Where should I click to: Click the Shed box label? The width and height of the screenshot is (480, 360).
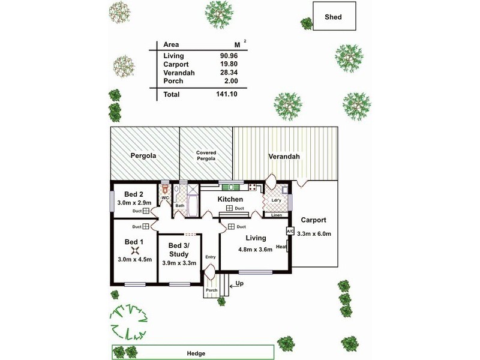[333, 17]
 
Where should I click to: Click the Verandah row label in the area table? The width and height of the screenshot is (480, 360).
[178, 73]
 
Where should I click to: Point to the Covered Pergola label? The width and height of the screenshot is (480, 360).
[206, 156]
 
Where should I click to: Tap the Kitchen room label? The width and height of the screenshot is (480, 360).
[230, 199]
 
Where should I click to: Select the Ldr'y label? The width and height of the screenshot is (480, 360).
[277, 200]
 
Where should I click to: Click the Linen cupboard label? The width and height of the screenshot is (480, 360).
[277, 215]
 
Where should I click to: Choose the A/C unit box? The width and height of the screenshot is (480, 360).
[290, 231]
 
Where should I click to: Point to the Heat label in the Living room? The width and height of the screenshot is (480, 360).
[281, 247]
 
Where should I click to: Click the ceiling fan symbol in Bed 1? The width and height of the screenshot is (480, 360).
[137, 251]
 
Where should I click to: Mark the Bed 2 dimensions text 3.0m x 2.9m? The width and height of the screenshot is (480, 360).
[134, 202]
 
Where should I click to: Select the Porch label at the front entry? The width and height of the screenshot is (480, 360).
[211, 291]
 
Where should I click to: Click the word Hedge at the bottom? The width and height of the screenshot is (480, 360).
[196, 353]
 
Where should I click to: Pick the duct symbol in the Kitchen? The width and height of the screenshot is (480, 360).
[229, 208]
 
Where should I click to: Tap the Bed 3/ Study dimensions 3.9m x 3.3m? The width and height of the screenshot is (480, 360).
[179, 263]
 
